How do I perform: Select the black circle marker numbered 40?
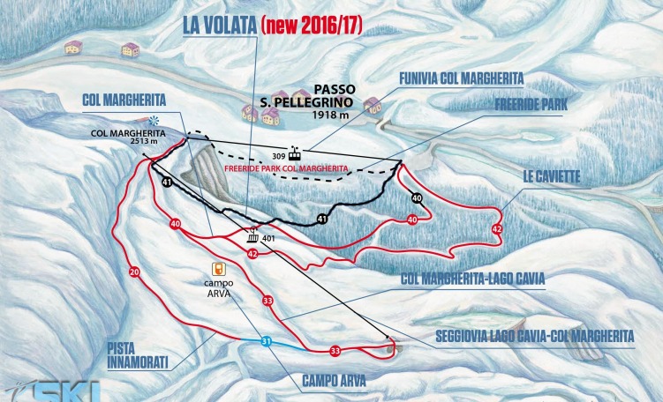[417, 198]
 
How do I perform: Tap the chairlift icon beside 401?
[254, 237]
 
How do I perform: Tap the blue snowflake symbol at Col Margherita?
[155, 121]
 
